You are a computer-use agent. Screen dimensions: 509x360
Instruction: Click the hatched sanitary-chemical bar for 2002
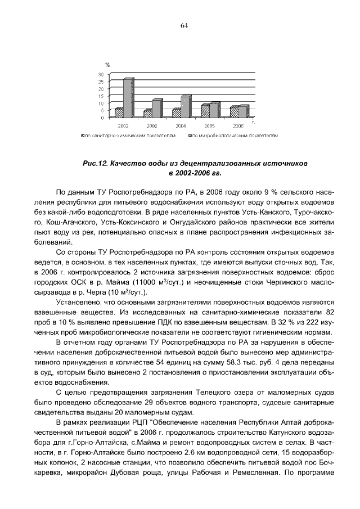(119, 112)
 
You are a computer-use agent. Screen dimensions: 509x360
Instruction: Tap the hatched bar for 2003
(148, 113)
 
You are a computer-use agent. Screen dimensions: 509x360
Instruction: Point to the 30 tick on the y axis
(102, 74)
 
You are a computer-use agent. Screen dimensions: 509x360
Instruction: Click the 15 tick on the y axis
(102, 96)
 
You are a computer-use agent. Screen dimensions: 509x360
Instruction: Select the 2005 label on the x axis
(209, 127)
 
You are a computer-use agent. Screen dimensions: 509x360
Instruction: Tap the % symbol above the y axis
(107, 66)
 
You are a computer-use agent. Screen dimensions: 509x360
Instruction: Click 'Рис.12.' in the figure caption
(96, 163)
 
